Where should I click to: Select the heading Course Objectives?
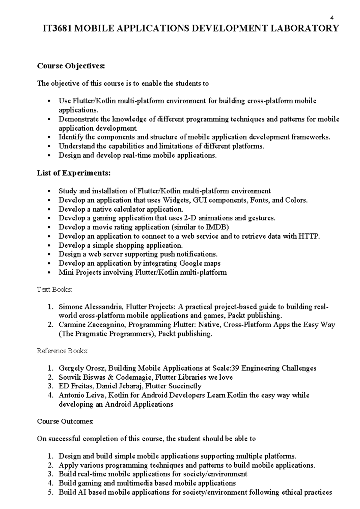click(71, 66)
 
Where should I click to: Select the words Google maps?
click(200, 263)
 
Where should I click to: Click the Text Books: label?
click(55, 290)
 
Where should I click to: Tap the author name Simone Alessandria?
click(90, 307)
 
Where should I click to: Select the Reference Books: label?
click(63, 351)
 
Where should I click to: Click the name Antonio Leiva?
click(81, 395)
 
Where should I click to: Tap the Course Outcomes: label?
click(65, 421)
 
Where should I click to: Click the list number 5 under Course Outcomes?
click(50, 492)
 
